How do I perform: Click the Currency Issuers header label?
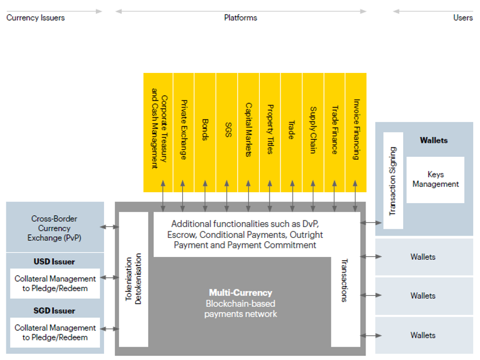pos(35,18)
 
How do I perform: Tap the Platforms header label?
pos(241,18)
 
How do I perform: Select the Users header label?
pos(463,18)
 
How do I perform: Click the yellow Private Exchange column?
pos(183,133)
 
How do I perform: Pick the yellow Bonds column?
pos(205,133)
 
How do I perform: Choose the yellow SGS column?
pos(227,133)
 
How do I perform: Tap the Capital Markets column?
pos(248,133)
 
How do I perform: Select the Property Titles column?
pos(269,133)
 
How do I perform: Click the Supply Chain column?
pos(313,133)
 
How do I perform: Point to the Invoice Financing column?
pos(356,133)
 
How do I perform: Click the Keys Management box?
pos(435,179)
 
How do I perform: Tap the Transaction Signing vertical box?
pos(393,181)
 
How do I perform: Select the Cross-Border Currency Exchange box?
pos(55,227)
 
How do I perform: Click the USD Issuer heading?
pos(54,262)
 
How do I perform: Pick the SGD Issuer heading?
pos(54,311)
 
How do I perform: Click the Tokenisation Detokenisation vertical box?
pos(134,279)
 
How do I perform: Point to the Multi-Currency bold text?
pos(241,293)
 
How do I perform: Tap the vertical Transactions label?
pos(345,281)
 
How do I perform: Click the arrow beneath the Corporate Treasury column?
pos(163,196)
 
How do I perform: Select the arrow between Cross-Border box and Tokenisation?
pos(110,227)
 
